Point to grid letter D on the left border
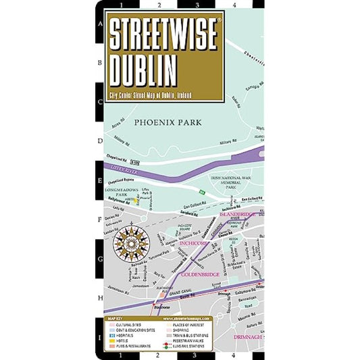pos(100,142)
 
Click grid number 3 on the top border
pos(195,5)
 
